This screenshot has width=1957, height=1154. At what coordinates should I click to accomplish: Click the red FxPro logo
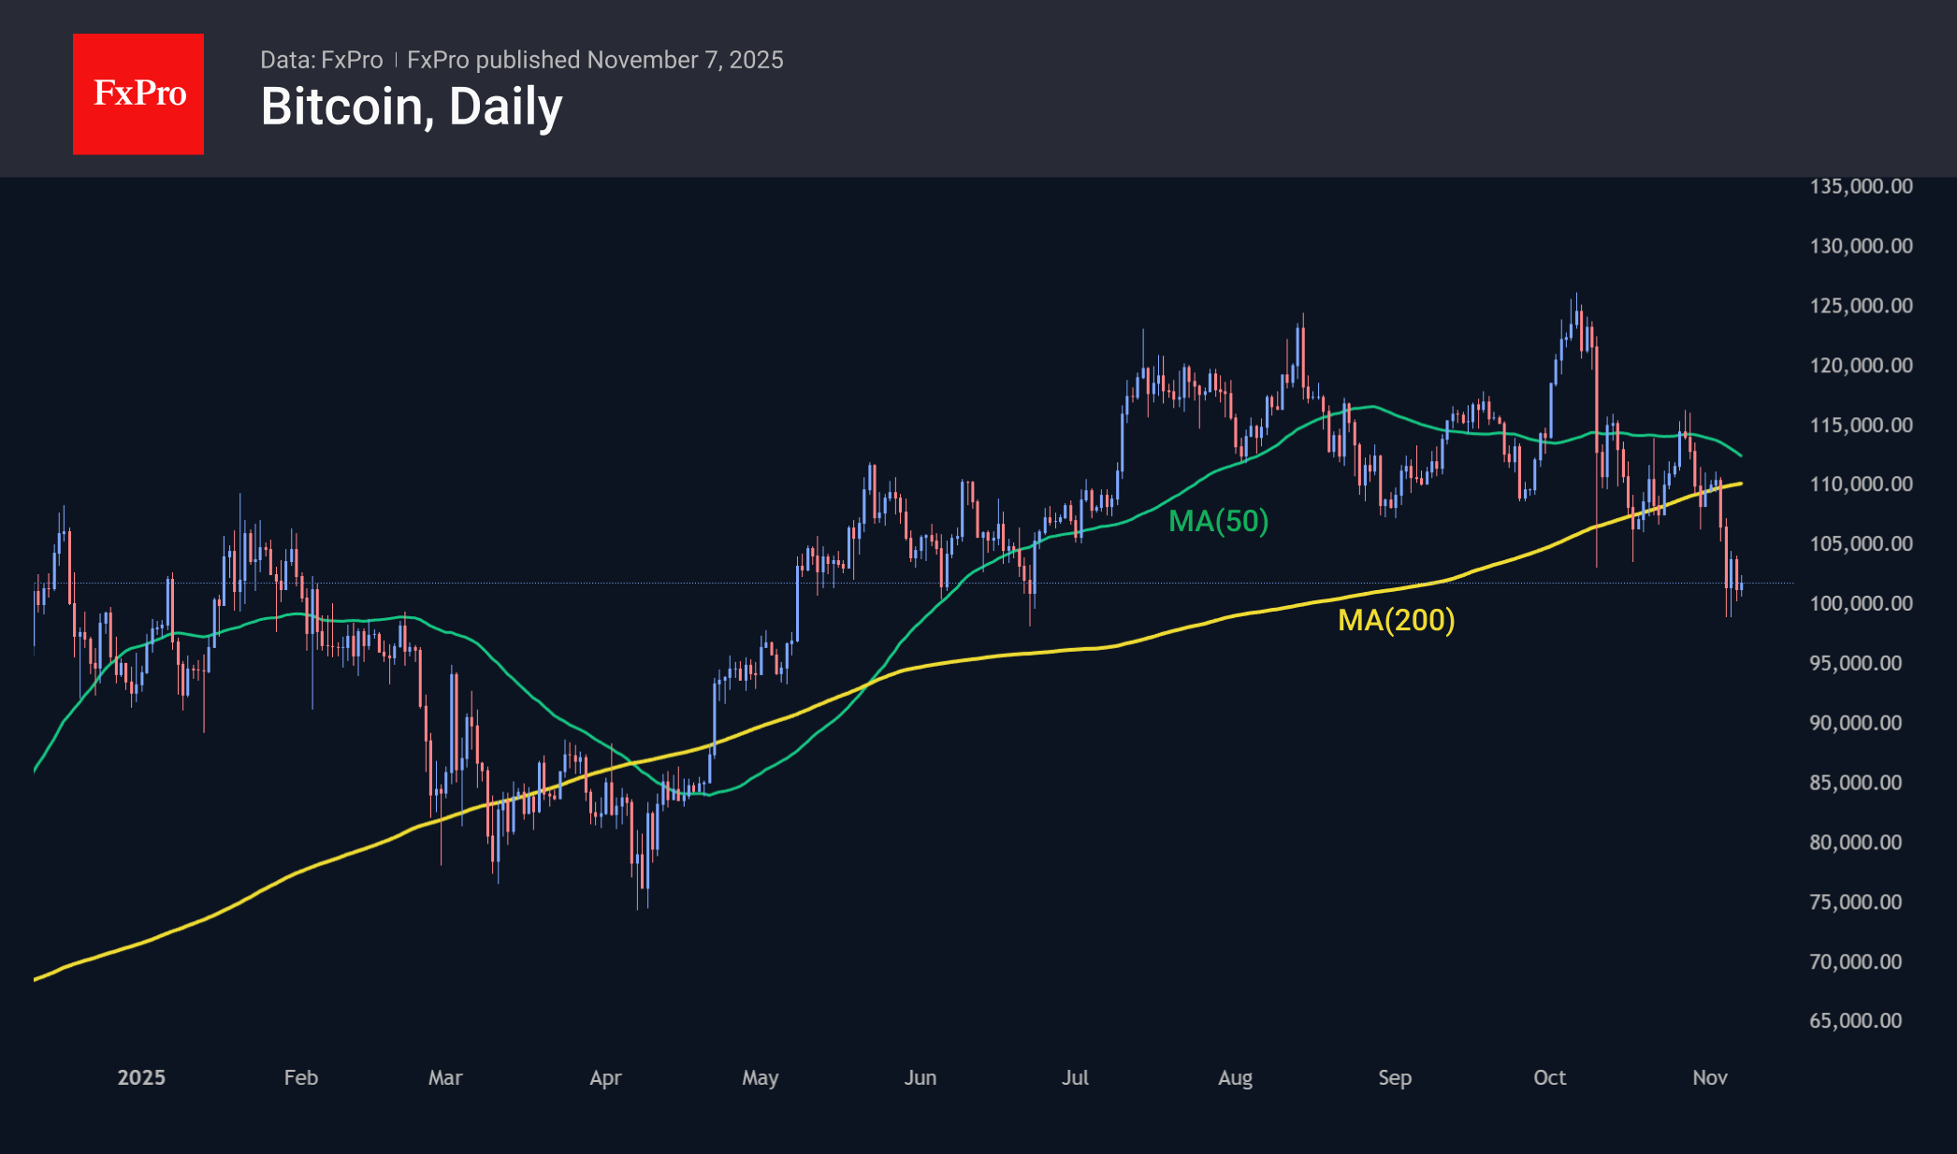(x=138, y=94)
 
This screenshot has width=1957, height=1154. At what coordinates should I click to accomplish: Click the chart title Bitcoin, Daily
(x=412, y=107)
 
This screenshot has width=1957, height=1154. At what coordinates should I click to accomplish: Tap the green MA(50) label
(x=1218, y=521)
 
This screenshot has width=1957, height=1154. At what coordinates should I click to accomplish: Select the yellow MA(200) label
(x=1396, y=620)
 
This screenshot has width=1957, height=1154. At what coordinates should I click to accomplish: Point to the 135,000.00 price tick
(x=1861, y=186)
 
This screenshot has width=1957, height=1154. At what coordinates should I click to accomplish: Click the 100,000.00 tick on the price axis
(x=1861, y=603)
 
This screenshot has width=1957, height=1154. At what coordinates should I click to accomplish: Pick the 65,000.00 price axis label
(x=1855, y=1020)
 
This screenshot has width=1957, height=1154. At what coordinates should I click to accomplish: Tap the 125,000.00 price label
(x=1861, y=306)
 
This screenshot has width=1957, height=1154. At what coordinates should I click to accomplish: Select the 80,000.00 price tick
(x=1855, y=842)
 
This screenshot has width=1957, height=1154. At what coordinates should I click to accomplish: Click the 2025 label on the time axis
(x=141, y=1077)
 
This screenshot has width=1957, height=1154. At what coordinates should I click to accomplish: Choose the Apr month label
(x=605, y=1077)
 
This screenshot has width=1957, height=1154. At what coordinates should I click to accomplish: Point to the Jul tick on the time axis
(x=1075, y=1077)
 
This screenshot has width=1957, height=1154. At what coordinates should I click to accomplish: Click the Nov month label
(x=1709, y=1077)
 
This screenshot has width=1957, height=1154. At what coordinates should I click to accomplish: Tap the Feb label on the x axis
(x=301, y=1077)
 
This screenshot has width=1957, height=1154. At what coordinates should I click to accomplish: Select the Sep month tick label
(x=1395, y=1077)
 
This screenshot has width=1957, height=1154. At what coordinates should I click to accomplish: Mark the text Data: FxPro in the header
(x=321, y=60)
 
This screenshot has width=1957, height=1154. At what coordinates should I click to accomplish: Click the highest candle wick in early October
(x=1576, y=295)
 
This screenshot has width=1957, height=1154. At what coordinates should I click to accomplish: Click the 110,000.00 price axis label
(x=1861, y=484)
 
